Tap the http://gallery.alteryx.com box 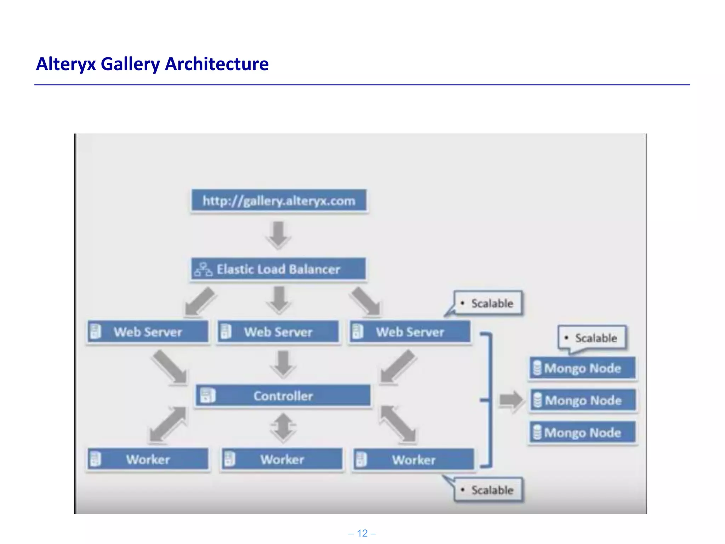(279, 201)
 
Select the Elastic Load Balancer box (278, 269)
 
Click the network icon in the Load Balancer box (203, 270)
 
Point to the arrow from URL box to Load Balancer (279, 234)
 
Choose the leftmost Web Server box (148, 332)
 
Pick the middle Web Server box (278, 332)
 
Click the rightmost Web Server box (410, 332)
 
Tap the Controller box (283, 396)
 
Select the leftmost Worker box (148, 459)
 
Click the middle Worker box (282, 459)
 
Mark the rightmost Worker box (413, 460)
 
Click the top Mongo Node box (582, 368)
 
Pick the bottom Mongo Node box (582, 432)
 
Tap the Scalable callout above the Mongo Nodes (592, 338)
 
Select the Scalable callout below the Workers (489, 490)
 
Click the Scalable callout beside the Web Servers (488, 303)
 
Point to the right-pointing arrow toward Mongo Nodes (511, 400)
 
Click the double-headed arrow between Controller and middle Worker (283, 427)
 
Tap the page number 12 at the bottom (362, 533)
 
